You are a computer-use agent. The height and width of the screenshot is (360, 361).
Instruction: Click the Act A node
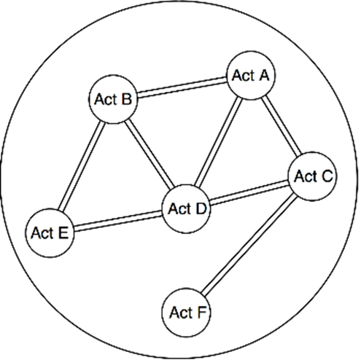tap(251, 75)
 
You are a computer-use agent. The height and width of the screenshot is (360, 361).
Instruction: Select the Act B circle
tap(113, 99)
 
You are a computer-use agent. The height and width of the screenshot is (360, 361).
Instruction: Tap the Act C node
tap(313, 176)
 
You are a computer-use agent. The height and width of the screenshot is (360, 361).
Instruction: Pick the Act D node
tap(187, 209)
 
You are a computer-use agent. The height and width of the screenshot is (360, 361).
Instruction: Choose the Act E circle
tap(50, 233)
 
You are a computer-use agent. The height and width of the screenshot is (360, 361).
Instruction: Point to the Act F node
tap(187, 313)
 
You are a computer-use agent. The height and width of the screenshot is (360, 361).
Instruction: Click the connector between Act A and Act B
tap(182, 87)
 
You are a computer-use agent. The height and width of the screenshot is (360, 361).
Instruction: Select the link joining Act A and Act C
tap(282, 126)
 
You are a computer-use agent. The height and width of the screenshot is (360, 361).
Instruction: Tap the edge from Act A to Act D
tap(219, 142)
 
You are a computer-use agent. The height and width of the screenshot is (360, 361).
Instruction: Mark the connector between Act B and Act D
tap(150, 154)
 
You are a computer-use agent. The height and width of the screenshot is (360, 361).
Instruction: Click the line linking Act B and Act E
tap(82, 166)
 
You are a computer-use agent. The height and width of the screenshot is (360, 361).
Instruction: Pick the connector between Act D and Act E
tap(118, 221)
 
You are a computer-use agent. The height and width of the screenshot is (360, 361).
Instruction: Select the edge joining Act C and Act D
tap(249, 192)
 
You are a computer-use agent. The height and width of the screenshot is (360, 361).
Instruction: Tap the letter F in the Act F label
tap(202, 313)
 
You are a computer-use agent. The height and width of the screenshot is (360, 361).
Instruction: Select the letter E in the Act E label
tap(63, 233)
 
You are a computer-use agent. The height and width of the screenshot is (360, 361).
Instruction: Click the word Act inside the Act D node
tap(179, 209)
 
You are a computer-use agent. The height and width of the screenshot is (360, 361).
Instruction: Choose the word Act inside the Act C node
tap(305, 176)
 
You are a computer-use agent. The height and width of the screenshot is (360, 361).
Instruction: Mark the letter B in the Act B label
tap(127, 99)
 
